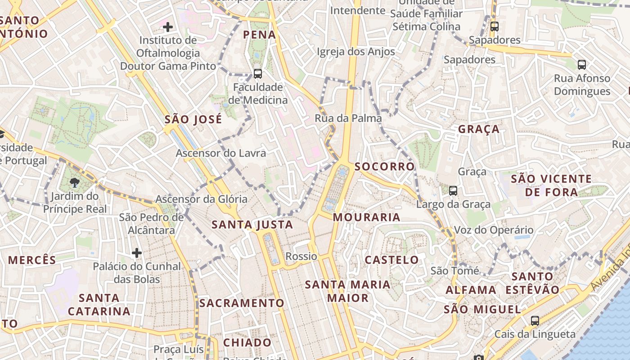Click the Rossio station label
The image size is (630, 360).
point(301,256)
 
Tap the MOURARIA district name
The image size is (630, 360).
point(366,217)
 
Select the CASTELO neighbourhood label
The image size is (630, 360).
point(391,260)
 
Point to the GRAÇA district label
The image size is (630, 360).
point(479,129)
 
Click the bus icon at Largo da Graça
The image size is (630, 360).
point(453,191)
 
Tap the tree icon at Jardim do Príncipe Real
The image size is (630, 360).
point(75,183)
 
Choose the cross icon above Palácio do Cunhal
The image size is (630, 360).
point(137,253)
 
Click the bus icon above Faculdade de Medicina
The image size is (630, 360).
point(258,73)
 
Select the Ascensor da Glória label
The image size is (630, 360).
point(201,199)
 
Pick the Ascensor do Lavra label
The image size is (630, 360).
point(220,153)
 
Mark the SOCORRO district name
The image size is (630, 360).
point(384,166)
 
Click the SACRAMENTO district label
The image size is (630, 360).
point(242,303)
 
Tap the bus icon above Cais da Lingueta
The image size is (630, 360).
point(535,321)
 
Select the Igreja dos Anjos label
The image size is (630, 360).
point(356,52)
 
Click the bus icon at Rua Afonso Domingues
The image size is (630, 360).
point(582,65)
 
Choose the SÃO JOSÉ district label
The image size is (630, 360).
point(193,119)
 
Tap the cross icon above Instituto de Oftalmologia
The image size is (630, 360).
point(168,27)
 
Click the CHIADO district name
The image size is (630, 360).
point(247,342)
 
